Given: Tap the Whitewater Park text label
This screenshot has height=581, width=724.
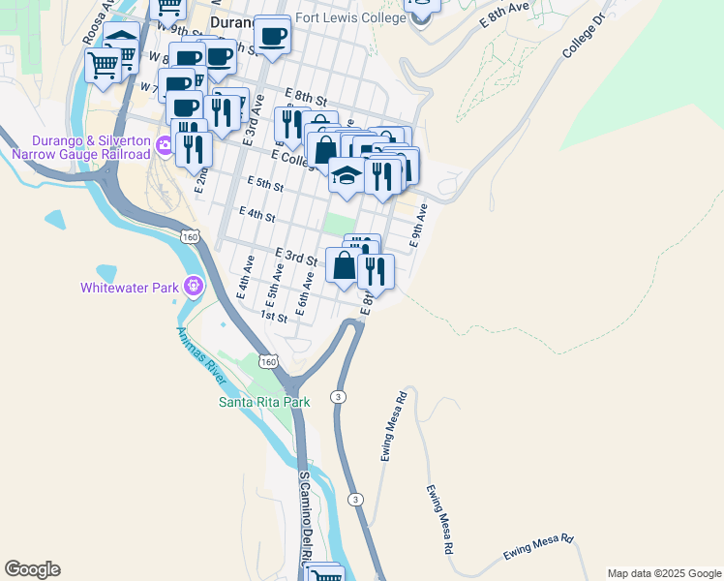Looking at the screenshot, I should (x=132, y=287).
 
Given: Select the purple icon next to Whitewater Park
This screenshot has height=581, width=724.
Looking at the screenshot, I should (x=194, y=286).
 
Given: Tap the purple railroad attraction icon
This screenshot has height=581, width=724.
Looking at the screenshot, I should (x=164, y=146).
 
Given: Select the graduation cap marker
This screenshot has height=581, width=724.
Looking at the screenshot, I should (x=346, y=174).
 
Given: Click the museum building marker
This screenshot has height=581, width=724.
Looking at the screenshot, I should (x=121, y=43).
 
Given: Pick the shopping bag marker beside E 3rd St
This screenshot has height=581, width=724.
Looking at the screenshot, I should (x=344, y=264).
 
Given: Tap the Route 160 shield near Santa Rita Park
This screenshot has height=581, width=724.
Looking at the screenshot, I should (x=268, y=362).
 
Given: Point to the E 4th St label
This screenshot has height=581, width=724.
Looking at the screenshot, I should (x=256, y=213).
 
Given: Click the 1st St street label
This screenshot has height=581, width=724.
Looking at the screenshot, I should (x=274, y=317).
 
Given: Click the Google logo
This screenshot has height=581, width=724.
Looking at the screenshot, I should (x=32, y=569).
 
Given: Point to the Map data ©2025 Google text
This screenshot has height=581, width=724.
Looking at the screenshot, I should (x=663, y=573).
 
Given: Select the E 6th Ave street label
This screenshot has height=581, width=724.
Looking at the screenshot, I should (x=304, y=293).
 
